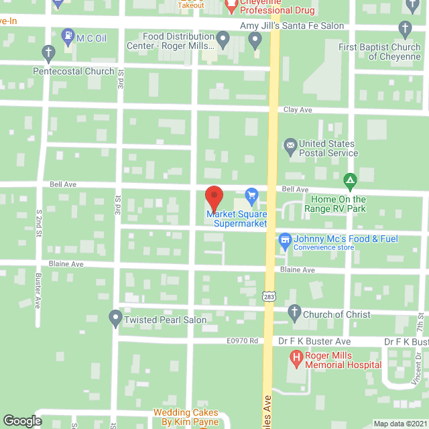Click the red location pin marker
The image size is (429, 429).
pos(214,197)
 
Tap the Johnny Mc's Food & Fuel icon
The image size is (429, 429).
pos(284,239)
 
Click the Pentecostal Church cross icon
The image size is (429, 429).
pos(48,52)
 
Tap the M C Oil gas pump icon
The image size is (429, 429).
pos(68,35)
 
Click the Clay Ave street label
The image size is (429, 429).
pos(298,109)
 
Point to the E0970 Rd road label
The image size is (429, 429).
pos(243,341)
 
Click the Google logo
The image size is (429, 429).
pos(21,420)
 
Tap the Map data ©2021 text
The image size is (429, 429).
pos(400,424)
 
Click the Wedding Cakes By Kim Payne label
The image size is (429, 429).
pos(186,417)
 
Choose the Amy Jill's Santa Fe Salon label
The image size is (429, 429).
pos(292,26)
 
